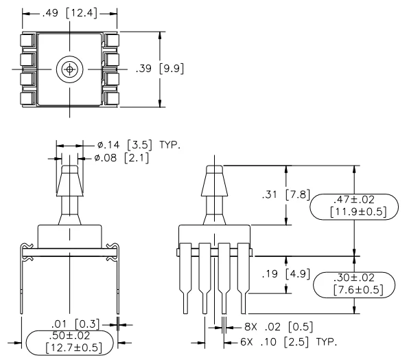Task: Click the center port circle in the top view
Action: pos(69,69)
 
